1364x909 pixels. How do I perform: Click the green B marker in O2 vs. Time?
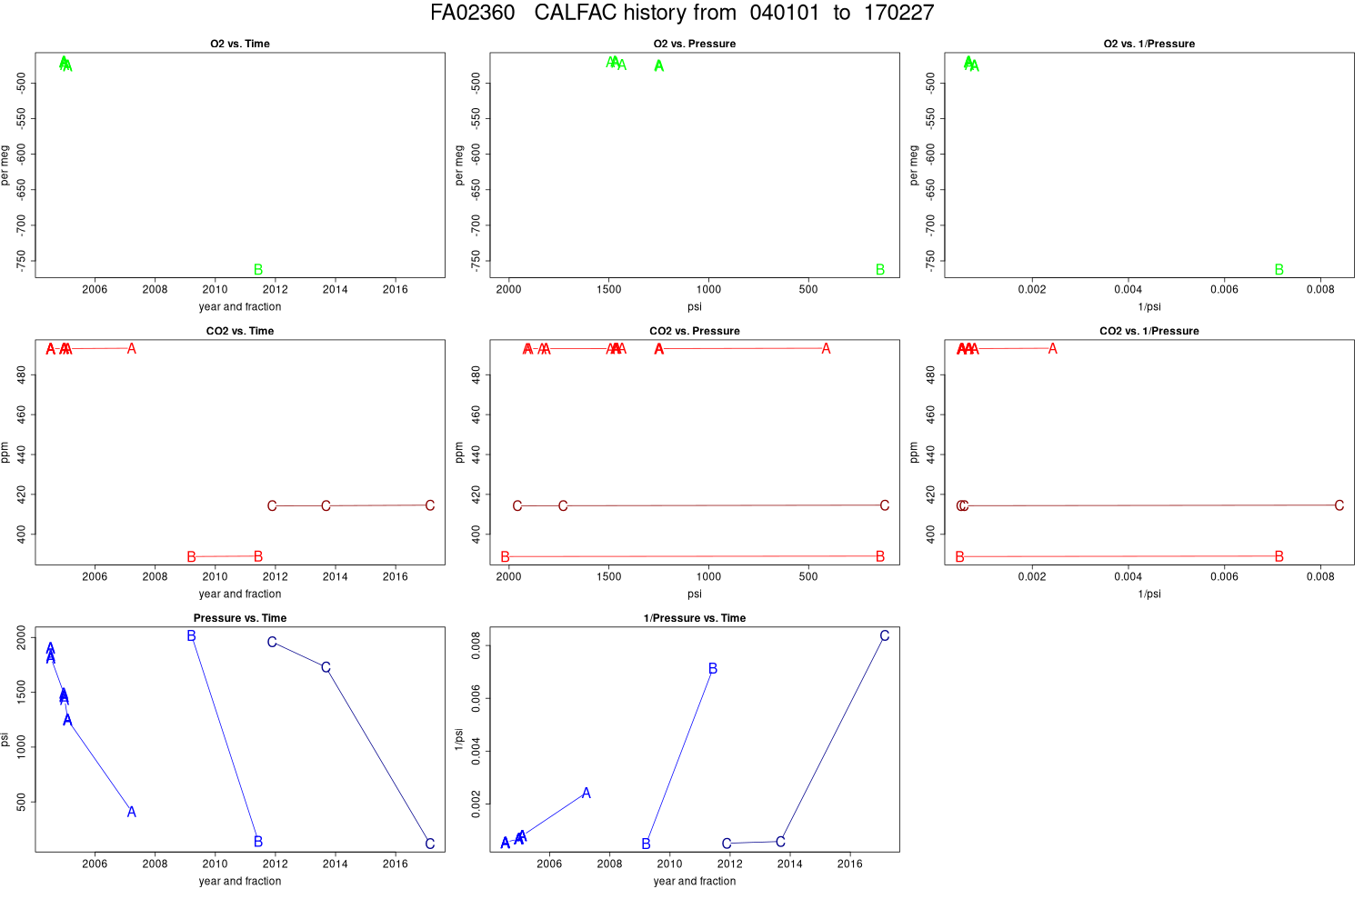point(258,270)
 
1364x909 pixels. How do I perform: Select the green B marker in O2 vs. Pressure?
point(879,270)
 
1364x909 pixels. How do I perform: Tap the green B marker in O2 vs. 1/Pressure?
point(1279,270)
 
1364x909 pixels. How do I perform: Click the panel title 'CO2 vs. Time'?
point(240,331)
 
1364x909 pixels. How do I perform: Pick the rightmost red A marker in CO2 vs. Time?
point(132,349)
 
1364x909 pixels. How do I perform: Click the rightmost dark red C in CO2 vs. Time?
point(430,505)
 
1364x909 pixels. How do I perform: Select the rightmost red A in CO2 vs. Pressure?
point(826,349)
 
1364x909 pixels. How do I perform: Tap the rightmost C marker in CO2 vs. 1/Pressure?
point(1339,505)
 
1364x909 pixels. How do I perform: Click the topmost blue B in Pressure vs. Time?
point(192,636)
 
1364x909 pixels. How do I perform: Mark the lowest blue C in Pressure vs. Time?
point(430,844)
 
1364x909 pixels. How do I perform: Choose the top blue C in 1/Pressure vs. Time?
point(884,636)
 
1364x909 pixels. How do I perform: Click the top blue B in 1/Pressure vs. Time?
point(713,669)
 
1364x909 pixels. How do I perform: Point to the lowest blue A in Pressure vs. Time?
point(132,812)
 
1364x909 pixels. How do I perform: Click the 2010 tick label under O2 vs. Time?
point(215,290)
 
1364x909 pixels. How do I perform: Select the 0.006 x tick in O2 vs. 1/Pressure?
point(1224,290)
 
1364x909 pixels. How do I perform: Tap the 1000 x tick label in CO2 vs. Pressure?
point(708,577)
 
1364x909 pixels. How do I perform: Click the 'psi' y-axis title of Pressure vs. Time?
point(5,740)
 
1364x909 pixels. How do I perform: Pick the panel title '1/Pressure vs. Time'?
point(695,618)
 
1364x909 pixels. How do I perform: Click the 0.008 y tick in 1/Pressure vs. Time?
point(476,646)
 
